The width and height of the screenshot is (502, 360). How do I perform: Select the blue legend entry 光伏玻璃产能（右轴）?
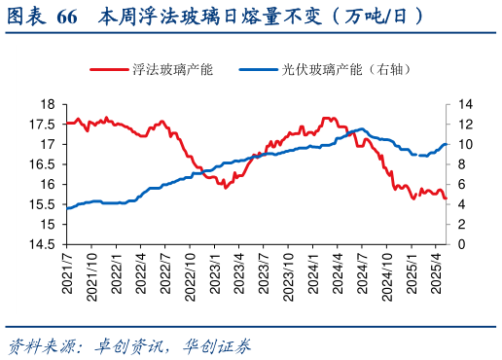[x=336, y=70]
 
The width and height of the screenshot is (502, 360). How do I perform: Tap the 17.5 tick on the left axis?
[x=43, y=124]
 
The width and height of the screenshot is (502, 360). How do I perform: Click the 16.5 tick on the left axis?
[x=43, y=164]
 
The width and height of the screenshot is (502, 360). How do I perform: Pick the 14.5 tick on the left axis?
[x=43, y=245]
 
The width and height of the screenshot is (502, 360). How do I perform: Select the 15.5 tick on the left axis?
[x=43, y=204]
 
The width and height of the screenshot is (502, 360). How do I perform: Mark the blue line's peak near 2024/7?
[x=361, y=128]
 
